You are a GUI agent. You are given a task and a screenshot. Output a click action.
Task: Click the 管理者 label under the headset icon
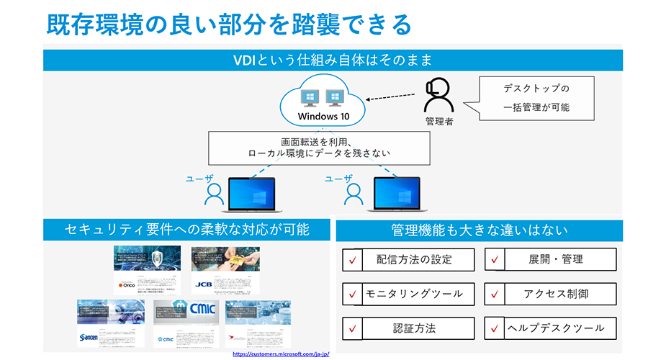tap(439, 122)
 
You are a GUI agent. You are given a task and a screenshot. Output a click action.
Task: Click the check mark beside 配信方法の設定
tap(353, 259)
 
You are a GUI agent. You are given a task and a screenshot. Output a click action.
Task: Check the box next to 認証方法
tap(353, 328)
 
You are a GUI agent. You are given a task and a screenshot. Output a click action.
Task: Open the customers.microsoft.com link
tap(281, 354)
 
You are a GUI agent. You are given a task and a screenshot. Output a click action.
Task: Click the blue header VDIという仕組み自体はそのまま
tap(332, 60)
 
